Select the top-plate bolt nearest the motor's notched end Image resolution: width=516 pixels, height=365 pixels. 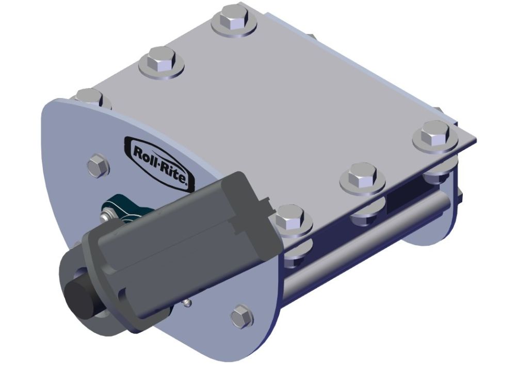pos(291,219)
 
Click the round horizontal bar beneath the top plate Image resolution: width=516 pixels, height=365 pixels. pos(372,232)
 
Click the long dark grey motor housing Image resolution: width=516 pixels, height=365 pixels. pos(181,243)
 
